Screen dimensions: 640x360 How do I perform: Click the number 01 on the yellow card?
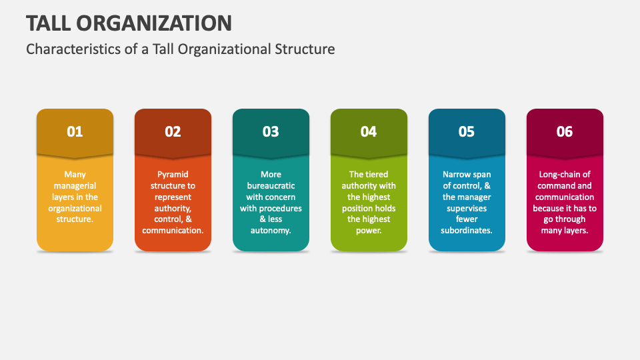75,131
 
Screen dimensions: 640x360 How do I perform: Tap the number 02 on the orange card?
173,131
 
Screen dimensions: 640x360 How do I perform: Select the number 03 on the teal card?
271,131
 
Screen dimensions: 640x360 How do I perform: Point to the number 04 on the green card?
369,131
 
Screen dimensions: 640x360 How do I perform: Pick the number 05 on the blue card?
467,131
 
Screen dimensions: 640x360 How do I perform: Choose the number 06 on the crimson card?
565,131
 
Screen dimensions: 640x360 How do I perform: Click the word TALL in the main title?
48,23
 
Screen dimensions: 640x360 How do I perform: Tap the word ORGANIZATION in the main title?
154,23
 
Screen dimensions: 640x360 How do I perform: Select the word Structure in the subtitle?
305,49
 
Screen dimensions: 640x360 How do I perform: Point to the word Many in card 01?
75,175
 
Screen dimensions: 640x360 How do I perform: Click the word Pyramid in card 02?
173,175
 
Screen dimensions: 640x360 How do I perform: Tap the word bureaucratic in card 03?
271,186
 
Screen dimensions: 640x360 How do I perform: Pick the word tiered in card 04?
376,174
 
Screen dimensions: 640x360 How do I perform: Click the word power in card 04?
368,231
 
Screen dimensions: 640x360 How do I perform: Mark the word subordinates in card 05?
465,230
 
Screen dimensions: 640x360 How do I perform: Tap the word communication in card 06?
565,197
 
